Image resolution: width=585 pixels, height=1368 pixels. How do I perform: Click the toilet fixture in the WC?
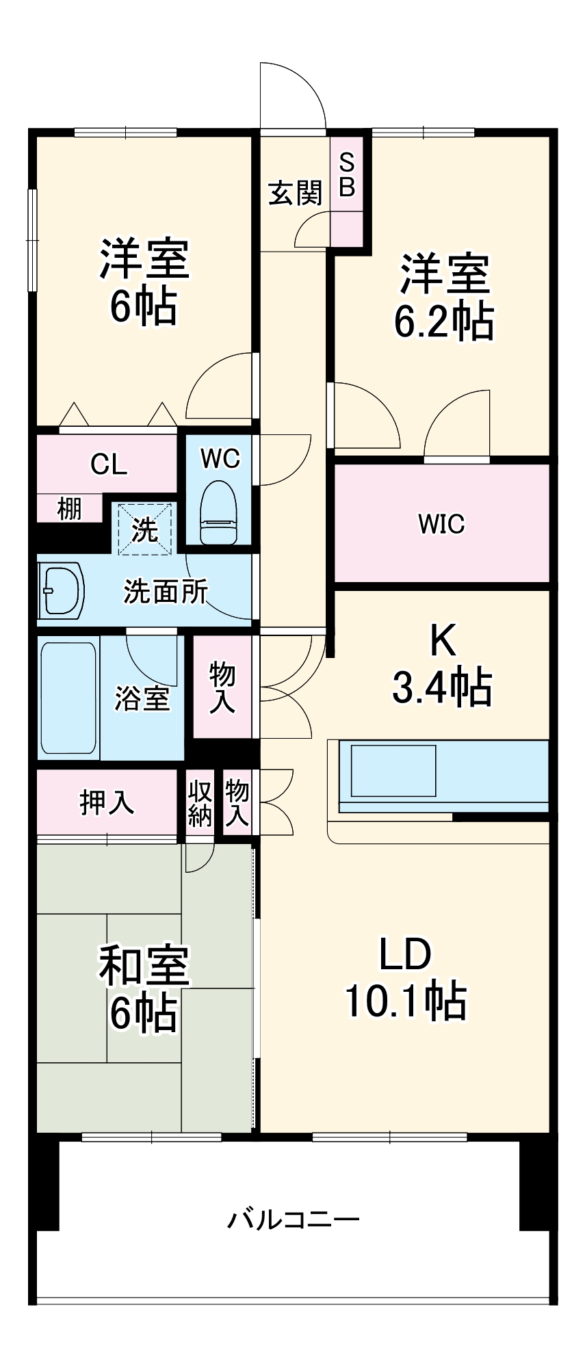[x=219, y=512]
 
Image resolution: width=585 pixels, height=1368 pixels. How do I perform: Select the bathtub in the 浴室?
[x=68, y=697]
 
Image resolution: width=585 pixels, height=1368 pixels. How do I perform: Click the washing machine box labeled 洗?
[x=144, y=529]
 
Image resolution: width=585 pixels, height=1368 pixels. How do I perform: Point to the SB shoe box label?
[x=347, y=175]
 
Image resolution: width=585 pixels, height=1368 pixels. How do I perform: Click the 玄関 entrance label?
[x=295, y=193]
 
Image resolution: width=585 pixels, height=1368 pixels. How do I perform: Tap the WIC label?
[x=441, y=524]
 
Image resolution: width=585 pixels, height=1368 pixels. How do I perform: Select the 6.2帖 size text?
[x=443, y=320]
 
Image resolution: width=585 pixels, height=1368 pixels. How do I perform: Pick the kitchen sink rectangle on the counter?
[x=393, y=770]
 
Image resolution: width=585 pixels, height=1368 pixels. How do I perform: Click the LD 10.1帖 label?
[x=405, y=978]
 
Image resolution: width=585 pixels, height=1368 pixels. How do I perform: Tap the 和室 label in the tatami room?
[x=144, y=966]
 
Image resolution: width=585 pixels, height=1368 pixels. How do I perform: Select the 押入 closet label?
[x=107, y=802]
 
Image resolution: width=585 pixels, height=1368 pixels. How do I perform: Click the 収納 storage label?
[x=200, y=803]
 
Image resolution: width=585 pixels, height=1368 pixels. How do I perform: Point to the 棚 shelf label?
[x=69, y=508]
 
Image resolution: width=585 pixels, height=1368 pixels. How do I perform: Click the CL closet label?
[x=109, y=464]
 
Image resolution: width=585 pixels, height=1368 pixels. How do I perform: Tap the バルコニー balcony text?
[x=293, y=1219]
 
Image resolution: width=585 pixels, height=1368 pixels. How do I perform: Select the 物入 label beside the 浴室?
[x=222, y=687]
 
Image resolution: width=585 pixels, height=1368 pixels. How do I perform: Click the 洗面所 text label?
[x=166, y=591]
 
